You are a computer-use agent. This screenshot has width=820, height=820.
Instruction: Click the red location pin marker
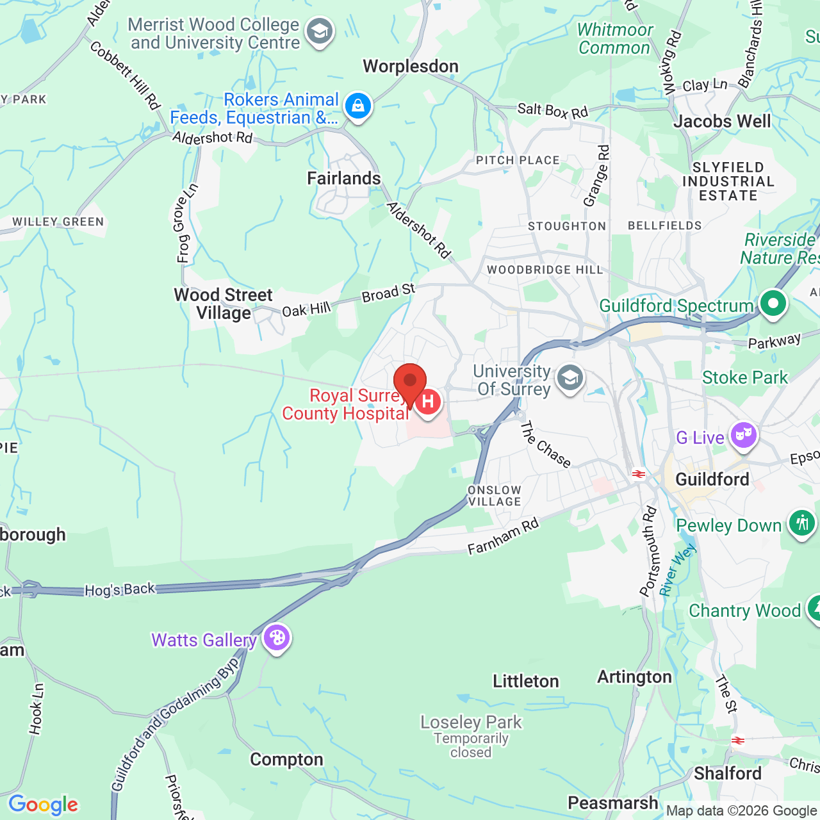pos(410,382)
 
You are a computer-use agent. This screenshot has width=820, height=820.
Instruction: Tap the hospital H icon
pos(428,402)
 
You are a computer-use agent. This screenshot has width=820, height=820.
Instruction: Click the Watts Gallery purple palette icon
pos(277,637)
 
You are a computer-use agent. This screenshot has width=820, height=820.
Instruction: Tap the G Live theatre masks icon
pos(743,436)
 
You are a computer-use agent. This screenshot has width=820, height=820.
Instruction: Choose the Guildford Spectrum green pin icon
pos(773,303)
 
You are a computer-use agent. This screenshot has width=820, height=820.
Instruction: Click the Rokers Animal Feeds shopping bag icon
pos(358,106)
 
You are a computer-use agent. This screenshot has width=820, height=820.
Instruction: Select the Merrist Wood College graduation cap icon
pos(319,31)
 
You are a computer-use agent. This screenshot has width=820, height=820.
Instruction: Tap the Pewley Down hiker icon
pos(801,523)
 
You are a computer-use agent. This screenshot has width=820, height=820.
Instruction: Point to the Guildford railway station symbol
pos(638,474)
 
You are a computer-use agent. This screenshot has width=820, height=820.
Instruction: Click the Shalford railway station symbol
pos(738,741)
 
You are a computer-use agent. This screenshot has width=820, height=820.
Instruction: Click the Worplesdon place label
pos(411,67)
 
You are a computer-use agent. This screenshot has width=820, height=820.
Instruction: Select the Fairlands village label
pos(344,179)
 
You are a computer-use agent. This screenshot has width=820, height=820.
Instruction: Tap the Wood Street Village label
pos(224,304)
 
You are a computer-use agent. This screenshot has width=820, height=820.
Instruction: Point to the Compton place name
pos(286,760)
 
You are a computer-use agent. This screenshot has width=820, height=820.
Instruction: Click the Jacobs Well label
pos(722,122)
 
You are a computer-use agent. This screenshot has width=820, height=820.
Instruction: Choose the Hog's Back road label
pos(120,589)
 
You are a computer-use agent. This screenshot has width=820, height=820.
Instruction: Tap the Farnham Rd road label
pos(503,537)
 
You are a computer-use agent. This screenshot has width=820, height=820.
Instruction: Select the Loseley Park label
pos(471,723)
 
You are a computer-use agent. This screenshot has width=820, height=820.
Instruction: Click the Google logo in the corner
pos(43,805)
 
